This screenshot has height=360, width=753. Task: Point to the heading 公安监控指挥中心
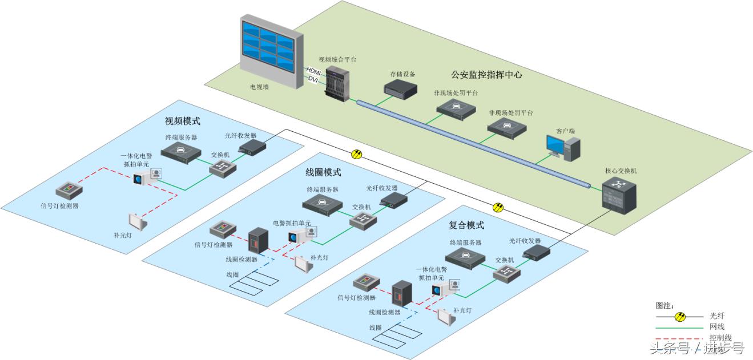click(x=486, y=74)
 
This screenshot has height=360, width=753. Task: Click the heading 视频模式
click(x=183, y=121)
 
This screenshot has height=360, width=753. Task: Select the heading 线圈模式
click(x=324, y=172)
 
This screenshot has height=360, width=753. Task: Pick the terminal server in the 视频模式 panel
click(x=182, y=151)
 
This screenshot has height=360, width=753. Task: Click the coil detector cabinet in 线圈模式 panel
click(x=257, y=241)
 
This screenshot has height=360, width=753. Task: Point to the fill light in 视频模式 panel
click(x=138, y=220)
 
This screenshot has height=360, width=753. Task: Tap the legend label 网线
click(x=716, y=326)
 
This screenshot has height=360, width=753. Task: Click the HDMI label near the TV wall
click(x=313, y=70)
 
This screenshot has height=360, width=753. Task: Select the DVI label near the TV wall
click(x=313, y=79)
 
